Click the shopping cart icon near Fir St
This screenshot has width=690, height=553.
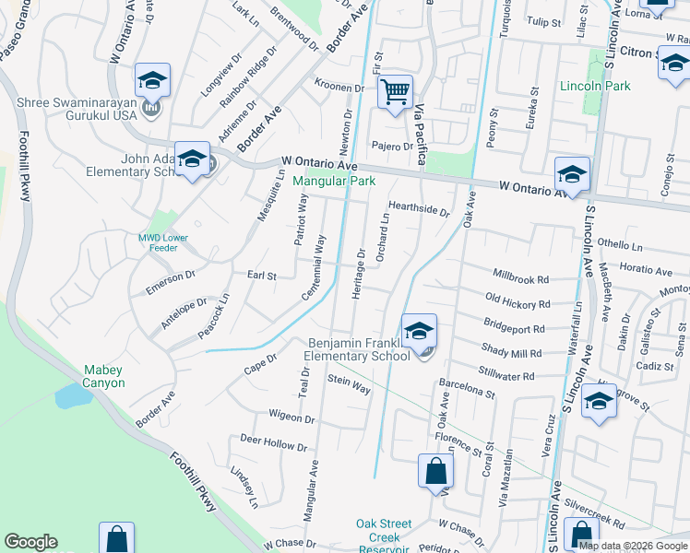[x=395, y=92]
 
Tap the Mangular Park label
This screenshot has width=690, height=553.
[x=335, y=182]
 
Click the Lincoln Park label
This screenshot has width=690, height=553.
[x=595, y=86]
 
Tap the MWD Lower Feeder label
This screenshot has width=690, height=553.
[x=163, y=243]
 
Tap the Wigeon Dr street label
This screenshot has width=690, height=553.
[x=291, y=418]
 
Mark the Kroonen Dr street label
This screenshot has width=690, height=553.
[x=340, y=88]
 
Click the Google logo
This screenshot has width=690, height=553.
[x=30, y=542]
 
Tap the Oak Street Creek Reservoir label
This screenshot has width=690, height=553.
[x=378, y=536]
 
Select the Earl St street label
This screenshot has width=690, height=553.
[x=261, y=275]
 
